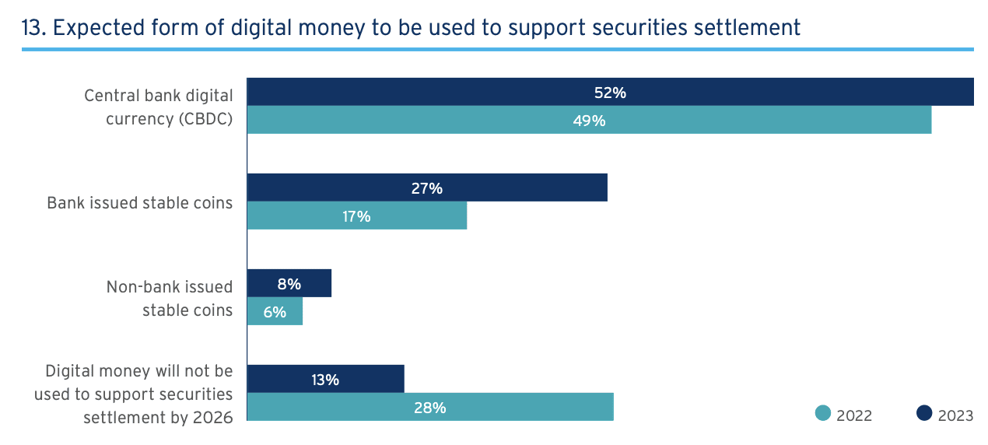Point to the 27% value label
tap(427, 188)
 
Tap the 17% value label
tap(356, 216)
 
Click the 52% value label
tap(610, 93)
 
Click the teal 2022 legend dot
tap(823, 414)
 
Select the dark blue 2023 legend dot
tap(924, 414)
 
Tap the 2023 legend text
tap(955, 415)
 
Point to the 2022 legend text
tap(854, 415)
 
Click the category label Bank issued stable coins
tap(140, 203)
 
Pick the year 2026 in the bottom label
tap(212, 418)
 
